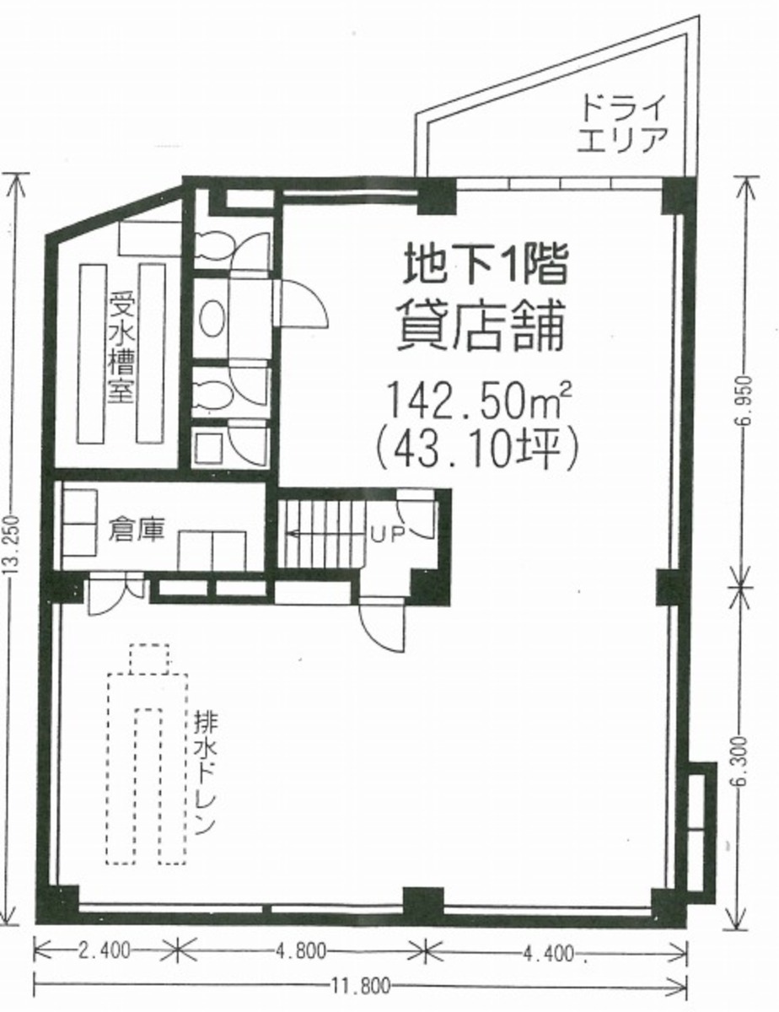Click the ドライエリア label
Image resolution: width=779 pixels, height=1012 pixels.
622,123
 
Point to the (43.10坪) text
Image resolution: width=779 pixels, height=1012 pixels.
478,447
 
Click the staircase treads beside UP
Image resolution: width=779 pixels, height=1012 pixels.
320,534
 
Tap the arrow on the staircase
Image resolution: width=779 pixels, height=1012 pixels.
297,534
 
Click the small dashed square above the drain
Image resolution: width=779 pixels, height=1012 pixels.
149,657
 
